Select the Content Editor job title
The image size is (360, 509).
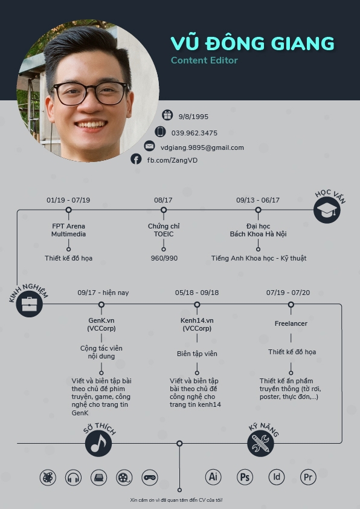pyautogui.click(x=204, y=60)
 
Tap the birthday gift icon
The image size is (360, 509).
pyautogui.click(x=167, y=115)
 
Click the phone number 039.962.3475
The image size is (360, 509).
pyautogui.click(x=194, y=133)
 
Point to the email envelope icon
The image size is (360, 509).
pyautogui.click(x=150, y=146)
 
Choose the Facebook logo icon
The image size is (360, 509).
pyautogui.click(x=136, y=159)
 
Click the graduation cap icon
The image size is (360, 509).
pyautogui.click(x=327, y=210)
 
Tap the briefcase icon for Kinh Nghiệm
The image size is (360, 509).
pyautogui.click(x=30, y=304)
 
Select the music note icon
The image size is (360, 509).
pyautogui.click(x=98, y=443)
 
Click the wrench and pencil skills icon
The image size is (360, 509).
pyautogui.click(x=260, y=443)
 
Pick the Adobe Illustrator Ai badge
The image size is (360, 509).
pyautogui.click(x=213, y=477)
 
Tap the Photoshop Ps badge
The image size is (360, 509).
pyautogui.click(x=245, y=477)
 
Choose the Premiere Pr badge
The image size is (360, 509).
pyautogui.click(x=308, y=477)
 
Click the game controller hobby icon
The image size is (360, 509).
pyautogui.click(x=150, y=478)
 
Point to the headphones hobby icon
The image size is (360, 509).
pyautogui.click(x=73, y=478)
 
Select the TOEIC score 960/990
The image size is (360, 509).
pyautogui.click(x=164, y=258)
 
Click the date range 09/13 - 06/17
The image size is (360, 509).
pyautogui.click(x=258, y=200)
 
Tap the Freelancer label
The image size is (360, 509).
pyautogui.click(x=291, y=323)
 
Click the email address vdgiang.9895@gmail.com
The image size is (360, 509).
pyautogui.click(x=202, y=148)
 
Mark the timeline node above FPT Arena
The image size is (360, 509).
pyautogui.click(x=68, y=210)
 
